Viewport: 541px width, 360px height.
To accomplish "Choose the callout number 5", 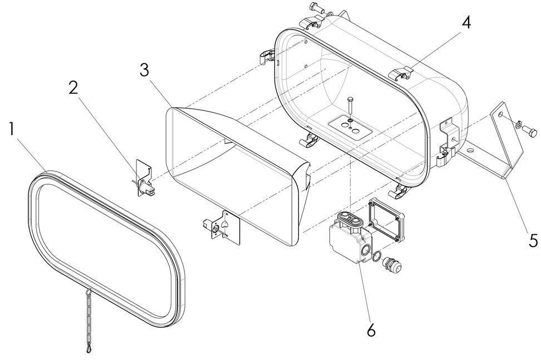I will (533, 240).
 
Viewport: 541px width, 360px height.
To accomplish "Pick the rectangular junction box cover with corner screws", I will (388, 220).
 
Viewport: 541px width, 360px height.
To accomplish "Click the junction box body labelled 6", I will (348, 236).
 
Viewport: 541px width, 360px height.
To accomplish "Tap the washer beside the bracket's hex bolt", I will (517, 126).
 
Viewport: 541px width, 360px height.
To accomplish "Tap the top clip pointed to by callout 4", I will (402, 73).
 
